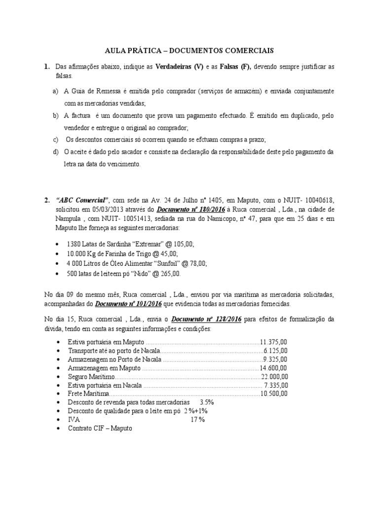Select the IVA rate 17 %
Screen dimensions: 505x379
click(x=197, y=420)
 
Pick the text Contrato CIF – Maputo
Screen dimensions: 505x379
click(x=100, y=429)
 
